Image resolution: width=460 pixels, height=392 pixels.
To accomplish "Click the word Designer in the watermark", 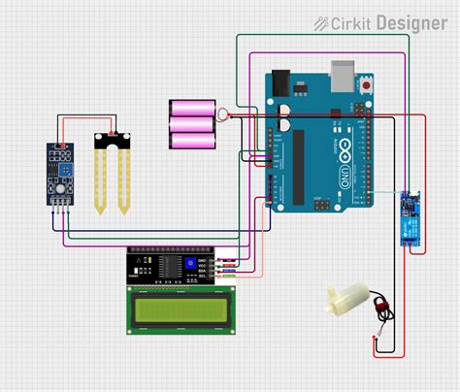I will pos(410,21).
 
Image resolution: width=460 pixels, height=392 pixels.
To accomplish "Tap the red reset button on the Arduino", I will pos(366,85).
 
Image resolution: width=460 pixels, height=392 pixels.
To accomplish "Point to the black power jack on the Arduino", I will pos(280,81).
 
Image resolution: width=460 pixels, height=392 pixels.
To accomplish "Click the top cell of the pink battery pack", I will pos(191,107).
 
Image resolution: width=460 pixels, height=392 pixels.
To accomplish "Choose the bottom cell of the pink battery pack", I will pos(191,141).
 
